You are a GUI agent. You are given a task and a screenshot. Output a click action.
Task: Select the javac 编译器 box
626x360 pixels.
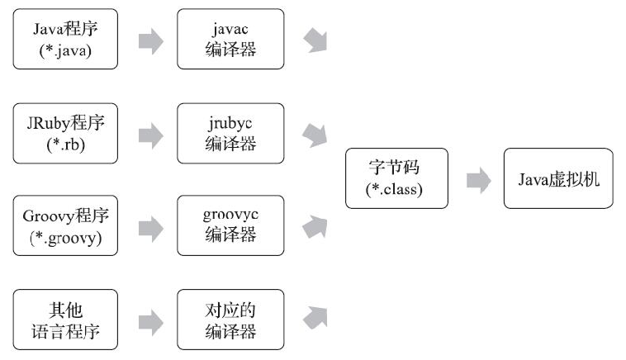click(230, 39)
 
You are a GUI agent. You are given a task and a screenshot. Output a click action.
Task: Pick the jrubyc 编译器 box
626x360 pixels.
click(230, 132)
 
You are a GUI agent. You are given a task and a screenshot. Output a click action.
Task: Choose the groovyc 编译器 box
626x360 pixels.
click(230, 225)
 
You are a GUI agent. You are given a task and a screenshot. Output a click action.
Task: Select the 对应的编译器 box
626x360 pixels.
click(230, 320)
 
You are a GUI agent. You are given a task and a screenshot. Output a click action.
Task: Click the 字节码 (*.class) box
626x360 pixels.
click(396, 178)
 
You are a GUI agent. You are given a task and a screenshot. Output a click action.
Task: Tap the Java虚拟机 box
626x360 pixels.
click(558, 178)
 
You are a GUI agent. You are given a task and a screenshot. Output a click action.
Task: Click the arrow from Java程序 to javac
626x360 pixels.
click(150, 40)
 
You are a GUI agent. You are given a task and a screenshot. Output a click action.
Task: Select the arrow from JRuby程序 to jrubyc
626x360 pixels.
click(150, 133)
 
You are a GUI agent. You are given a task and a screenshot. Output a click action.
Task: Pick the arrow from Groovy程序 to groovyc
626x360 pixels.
click(150, 226)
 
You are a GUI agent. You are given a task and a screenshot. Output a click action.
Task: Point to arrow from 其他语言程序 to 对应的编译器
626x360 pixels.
click(150, 320)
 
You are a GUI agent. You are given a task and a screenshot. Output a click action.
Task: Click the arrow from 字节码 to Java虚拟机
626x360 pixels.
click(478, 179)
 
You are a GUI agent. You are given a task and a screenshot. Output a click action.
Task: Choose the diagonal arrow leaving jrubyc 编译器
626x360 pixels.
click(315, 135)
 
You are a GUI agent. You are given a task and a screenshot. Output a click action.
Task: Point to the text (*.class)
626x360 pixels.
click(396, 189)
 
